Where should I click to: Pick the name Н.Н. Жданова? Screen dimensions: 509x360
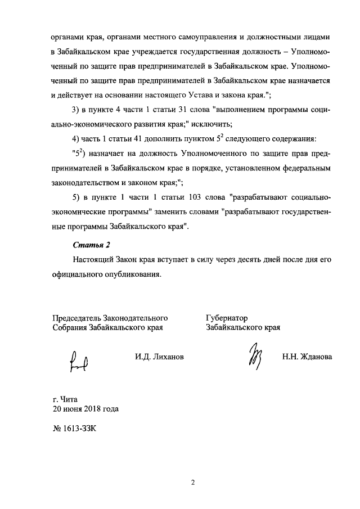(x=307, y=357)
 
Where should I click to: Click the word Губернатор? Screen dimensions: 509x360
(x=227, y=318)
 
